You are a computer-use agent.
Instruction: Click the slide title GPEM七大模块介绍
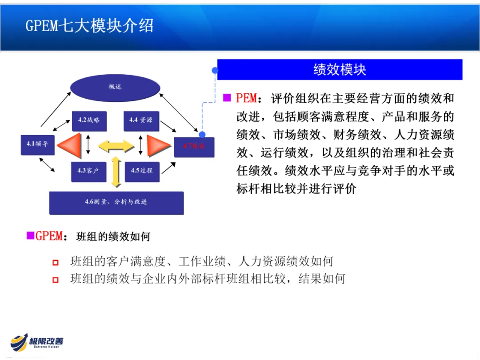tap(89, 25)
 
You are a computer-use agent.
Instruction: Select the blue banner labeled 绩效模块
tap(340, 70)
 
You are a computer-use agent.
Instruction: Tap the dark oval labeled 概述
tap(115, 87)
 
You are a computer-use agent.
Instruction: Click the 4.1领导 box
tap(37, 144)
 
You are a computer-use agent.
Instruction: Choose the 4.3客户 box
tap(89, 171)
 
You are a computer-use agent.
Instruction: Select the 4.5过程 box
tap(141, 171)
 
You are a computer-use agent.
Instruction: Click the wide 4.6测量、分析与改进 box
tap(116, 203)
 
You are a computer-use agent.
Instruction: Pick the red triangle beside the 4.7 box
tap(158, 145)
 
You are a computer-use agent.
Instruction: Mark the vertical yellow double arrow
tap(116, 171)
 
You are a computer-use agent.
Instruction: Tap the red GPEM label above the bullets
tap(49, 236)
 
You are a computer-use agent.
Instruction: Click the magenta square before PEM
tap(227, 98)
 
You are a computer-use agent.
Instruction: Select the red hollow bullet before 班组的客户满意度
tap(56, 263)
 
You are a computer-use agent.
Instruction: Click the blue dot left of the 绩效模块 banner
tap(215, 70)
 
